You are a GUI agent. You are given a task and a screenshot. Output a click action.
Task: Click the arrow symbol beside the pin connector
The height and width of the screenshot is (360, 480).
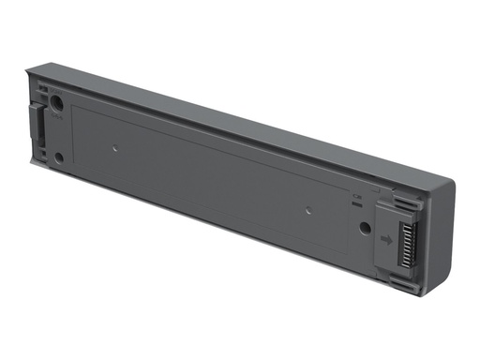(385, 239)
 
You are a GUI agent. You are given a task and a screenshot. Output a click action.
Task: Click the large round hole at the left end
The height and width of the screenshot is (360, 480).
(57, 106)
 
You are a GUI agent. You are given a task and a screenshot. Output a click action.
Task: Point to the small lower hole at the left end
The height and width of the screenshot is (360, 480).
(59, 157)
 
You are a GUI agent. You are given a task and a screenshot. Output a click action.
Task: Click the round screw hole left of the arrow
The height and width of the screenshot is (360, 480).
(364, 227)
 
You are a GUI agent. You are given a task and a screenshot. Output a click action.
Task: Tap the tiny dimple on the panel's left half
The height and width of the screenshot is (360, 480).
(113, 147)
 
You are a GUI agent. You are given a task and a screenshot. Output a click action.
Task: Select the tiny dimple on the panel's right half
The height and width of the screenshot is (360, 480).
(307, 207)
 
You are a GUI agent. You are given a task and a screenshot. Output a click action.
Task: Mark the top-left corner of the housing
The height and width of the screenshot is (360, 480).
(28, 67)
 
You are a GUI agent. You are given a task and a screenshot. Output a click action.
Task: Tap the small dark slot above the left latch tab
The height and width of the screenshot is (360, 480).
(40, 92)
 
